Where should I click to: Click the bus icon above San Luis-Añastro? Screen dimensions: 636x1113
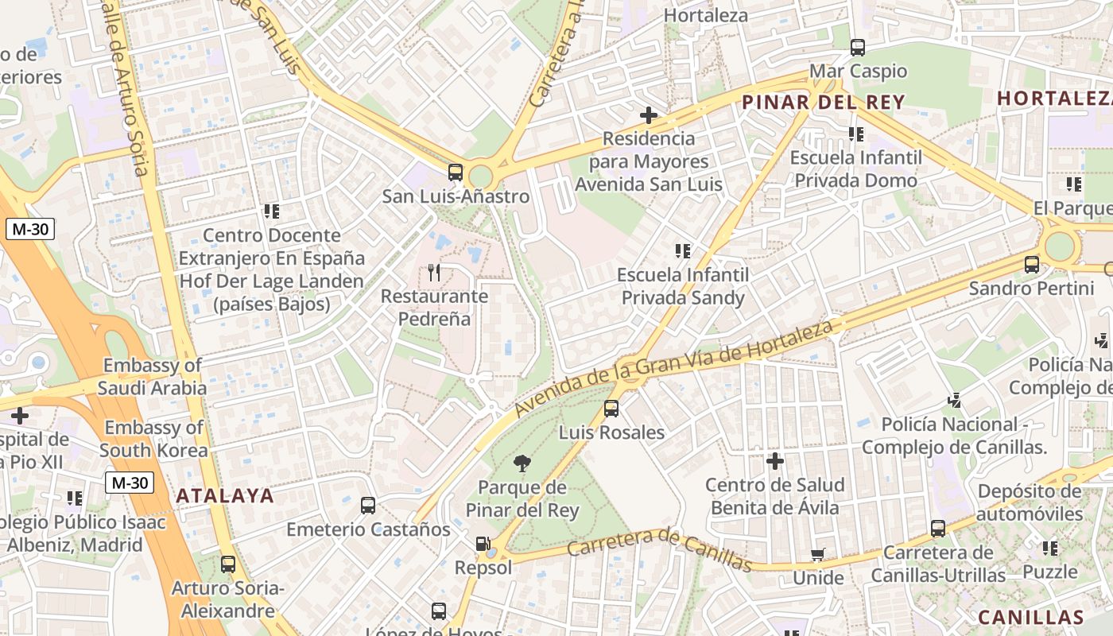(x=456, y=172)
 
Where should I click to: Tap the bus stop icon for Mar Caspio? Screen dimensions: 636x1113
(x=858, y=47)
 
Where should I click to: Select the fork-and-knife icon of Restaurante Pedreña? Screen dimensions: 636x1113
(x=434, y=273)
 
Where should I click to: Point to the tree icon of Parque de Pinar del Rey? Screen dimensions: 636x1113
(x=522, y=463)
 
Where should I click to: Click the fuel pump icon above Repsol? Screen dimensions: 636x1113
(x=483, y=545)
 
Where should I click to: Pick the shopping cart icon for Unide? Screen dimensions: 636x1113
(x=817, y=554)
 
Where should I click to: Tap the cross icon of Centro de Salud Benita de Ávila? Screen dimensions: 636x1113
(x=775, y=461)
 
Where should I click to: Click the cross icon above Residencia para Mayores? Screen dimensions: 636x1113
(x=649, y=115)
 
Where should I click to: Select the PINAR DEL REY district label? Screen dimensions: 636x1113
(x=824, y=102)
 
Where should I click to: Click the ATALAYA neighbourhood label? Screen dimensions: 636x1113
(x=225, y=496)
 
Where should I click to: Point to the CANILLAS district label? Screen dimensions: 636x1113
(x=1030, y=617)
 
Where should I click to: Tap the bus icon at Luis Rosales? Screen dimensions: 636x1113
(x=611, y=409)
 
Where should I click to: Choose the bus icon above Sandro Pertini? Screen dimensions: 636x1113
(x=1032, y=265)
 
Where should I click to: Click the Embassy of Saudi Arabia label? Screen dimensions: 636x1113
(x=152, y=377)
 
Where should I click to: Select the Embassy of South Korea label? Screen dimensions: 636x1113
(x=154, y=439)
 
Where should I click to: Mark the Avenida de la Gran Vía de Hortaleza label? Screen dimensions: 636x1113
(x=674, y=369)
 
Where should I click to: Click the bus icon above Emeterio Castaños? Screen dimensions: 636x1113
(x=368, y=506)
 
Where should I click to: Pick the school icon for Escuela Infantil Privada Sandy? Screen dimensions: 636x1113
(x=683, y=251)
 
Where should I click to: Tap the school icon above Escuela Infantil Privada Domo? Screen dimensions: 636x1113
(x=856, y=134)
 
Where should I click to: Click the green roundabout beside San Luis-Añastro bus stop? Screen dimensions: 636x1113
(x=480, y=176)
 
